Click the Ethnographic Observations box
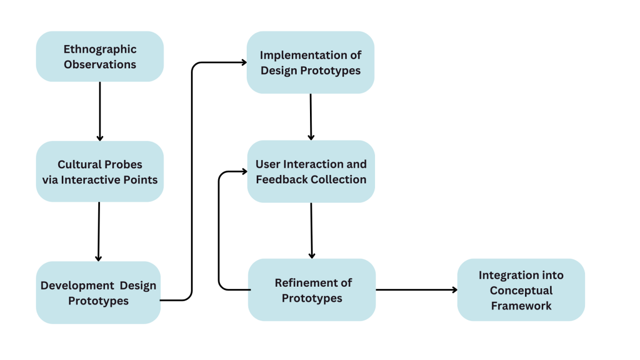point(100,56)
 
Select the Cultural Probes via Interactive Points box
point(100,172)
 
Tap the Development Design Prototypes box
point(98,293)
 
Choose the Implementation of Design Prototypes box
point(311,62)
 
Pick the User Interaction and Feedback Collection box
point(311,172)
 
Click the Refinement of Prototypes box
point(312,290)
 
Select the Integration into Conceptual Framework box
point(521,290)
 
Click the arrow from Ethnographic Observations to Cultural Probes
point(100,112)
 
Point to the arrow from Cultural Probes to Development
point(99,232)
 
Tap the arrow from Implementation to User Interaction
point(311,117)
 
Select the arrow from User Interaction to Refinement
point(312,231)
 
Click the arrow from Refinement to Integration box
point(416,290)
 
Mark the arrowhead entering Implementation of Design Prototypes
point(244,62)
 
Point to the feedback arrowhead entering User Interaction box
point(244,172)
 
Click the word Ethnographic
point(100,49)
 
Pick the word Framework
point(521,306)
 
